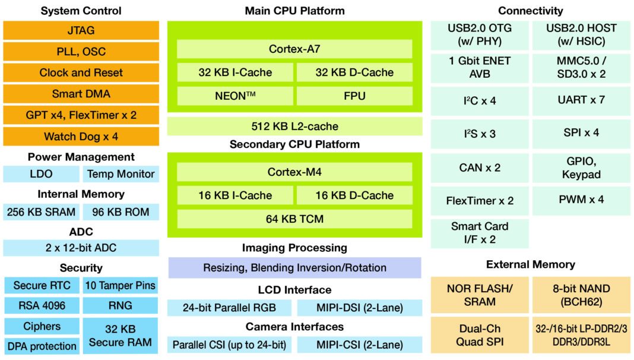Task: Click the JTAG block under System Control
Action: pos(81,30)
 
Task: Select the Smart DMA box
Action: pos(81,94)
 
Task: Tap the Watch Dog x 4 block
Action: pos(81,137)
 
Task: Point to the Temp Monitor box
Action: pos(121,174)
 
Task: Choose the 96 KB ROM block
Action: pos(121,212)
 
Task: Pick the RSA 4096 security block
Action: pos(42,306)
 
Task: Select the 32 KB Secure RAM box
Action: pos(121,336)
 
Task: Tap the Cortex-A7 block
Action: pos(294,49)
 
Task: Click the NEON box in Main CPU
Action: pos(234,96)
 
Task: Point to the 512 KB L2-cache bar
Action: pos(294,126)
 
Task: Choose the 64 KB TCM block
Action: pos(294,219)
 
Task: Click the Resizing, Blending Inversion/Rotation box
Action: pos(294,268)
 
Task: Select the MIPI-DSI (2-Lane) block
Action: pos(360,308)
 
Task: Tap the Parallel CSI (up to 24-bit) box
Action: pos(229,345)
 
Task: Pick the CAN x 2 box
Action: pos(480,168)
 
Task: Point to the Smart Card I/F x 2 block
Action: pos(480,233)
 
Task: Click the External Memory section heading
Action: pos(531,264)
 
